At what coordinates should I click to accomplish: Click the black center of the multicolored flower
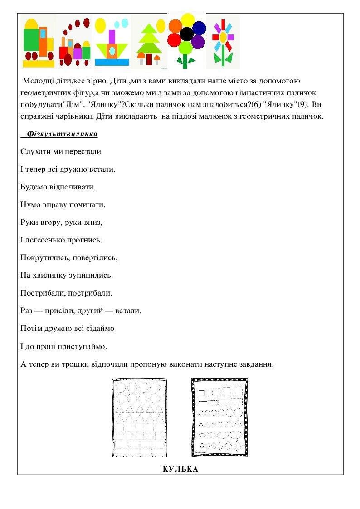point(186,34)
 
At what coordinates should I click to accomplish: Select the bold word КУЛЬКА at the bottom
point(180,469)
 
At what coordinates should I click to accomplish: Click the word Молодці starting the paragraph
point(35,81)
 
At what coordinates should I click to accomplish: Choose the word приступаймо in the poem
point(87,347)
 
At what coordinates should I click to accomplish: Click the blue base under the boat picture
point(112,63)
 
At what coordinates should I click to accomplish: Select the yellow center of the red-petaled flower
point(223,36)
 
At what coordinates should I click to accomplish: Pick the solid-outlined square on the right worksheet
point(202,393)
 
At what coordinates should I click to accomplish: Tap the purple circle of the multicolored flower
point(198,42)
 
